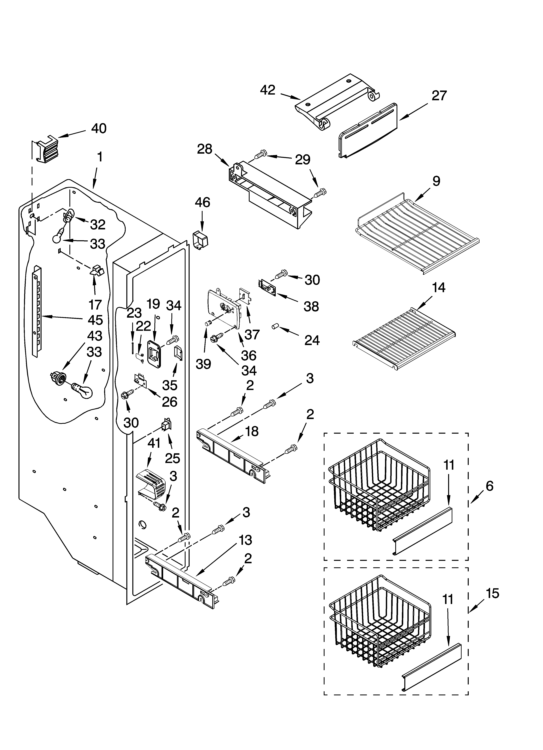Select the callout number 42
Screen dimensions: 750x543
tap(268, 90)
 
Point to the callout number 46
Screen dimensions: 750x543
tap(202, 202)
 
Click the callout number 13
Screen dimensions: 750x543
tap(245, 540)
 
